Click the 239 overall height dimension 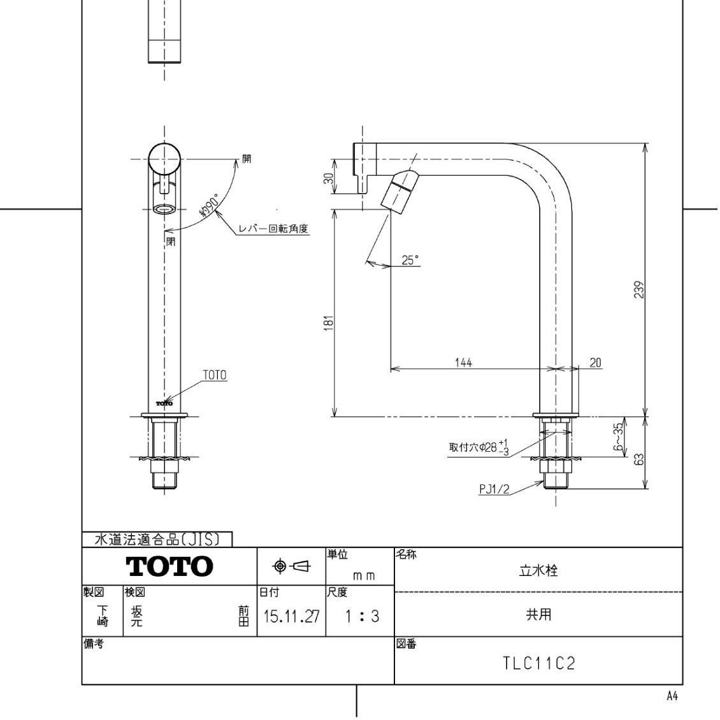point(640,290)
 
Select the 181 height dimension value point(329,324)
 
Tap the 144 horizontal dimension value point(463,363)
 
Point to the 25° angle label point(410,260)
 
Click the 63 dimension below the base point(640,459)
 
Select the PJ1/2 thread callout point(494,489)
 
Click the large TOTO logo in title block point(169,566)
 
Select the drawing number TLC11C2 point(538,664)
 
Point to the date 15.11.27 point(291,617)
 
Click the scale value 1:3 point(361,617)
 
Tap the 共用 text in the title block point(538,615)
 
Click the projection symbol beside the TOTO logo point(291,566)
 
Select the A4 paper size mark point(672,696)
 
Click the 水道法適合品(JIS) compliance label point(157,540)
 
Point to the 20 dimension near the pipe point(595,363)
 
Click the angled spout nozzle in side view point(400,189)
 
